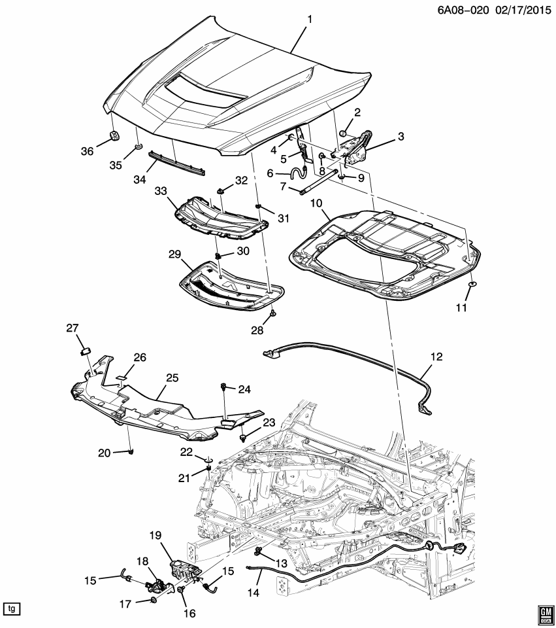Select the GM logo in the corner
[544, 611]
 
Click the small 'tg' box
[11, 608]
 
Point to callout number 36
[86, 151]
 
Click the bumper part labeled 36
[113, 136]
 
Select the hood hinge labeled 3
[356, 147]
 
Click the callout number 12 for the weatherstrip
[436, 357]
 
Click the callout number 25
[171, 377]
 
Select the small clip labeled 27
[84, 351]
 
